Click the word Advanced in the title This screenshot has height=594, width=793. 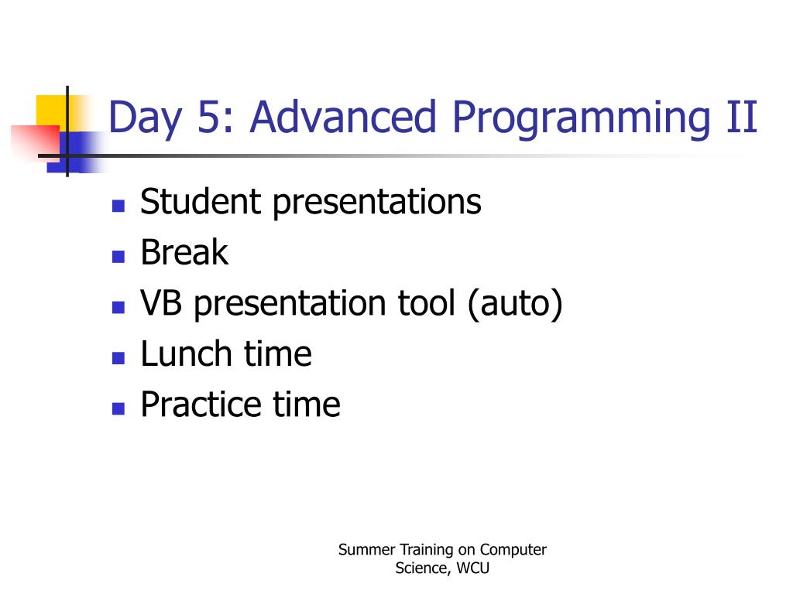click(343, 117)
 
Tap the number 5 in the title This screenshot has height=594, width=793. click(208, 118)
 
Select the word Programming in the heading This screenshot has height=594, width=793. click(581, 119)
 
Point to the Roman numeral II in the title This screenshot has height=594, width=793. click(742, 117)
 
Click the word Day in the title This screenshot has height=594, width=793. click(145, 119)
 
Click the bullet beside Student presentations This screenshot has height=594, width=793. click(118, 206)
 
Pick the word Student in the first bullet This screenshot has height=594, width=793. click(201, 202)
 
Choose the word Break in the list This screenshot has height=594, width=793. click(184, 252)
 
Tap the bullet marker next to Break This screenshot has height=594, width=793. click(118, 257)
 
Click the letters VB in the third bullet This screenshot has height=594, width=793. click(161, 303)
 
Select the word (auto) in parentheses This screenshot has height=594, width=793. click(515, 304)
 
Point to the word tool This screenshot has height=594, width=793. click(427, 302)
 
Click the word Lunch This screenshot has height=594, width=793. click(186, 353)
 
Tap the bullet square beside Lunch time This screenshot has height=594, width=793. click(118, 358)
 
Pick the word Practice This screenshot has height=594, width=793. click(201, 404)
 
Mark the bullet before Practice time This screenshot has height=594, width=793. click(118, 408)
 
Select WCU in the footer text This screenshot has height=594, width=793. click(473, 568)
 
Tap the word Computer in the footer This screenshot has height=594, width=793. click(513, 551)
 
